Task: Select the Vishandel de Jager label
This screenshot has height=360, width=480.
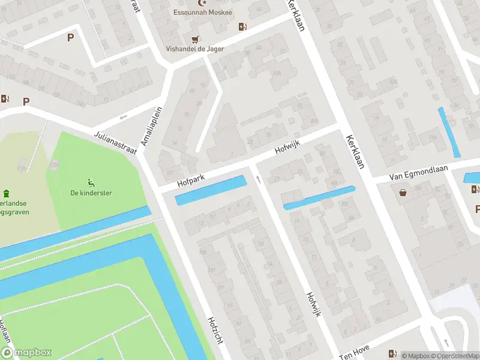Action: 195,49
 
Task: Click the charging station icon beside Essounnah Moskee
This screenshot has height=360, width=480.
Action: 242,26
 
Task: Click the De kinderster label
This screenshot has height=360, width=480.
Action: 91,193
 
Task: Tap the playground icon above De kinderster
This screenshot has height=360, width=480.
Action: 91,182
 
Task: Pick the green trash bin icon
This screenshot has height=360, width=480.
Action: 7,193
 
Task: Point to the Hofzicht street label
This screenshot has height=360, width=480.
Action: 215,330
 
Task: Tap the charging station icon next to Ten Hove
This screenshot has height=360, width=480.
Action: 392,353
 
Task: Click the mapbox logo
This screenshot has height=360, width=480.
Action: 26,353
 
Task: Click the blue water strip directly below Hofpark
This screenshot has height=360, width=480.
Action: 211,190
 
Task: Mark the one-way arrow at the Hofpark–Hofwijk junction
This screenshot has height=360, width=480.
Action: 258,178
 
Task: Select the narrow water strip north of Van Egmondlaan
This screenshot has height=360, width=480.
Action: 449,132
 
